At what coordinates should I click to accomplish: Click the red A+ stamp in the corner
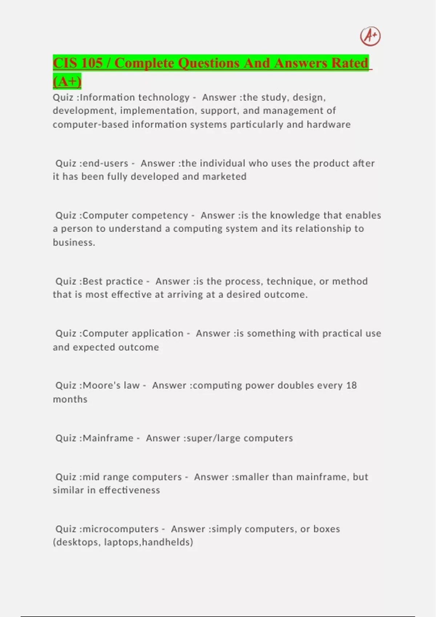pyautogui.click(x=370, y=36)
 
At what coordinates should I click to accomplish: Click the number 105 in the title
pyautogui.click(x=92, y=63)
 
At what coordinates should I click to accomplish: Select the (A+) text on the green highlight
pyautogui.click(x=67, y=81)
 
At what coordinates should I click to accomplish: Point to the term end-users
pyautogui.click(x=105, y=163)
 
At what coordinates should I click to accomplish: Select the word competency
pyautogui.click(x=160, y=215)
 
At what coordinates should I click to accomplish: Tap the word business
pyautogui.click(x=74, y=242)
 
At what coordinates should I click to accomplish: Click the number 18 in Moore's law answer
pyautogui.click(x=351, y=385)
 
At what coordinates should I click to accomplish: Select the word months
pyautogui.click(x=70, y=399)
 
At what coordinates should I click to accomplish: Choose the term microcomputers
pyautogui.click(x=121, y=529)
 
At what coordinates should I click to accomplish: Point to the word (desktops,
pyautogui.click(x=77, y=542)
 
